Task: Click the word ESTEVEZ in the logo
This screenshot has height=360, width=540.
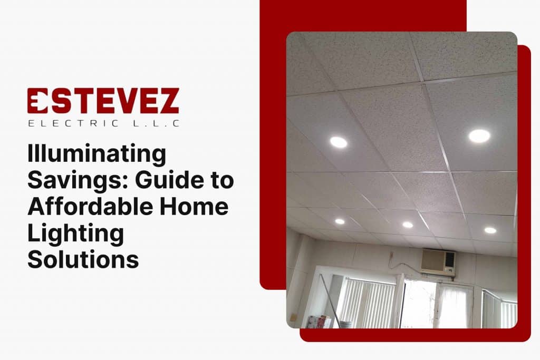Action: click(x=103, y=101)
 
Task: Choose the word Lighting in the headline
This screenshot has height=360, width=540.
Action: click(x=75, y=233)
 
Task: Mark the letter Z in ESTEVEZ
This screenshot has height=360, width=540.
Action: click(x=167, y=101)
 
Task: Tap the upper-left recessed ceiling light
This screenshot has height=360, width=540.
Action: click(x=339, y=142)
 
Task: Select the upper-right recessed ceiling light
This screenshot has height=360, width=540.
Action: click(x=479, y=136)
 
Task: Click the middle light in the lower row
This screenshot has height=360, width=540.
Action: click(x=408, y=225)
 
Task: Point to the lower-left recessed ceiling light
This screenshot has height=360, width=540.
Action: click(x=340, y=221)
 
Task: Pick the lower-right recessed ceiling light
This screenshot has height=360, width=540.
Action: click(x=490, y=230)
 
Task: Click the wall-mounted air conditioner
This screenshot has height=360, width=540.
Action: click(x=438, y=262)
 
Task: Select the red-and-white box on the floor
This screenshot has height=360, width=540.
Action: click(x=317, y=322)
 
